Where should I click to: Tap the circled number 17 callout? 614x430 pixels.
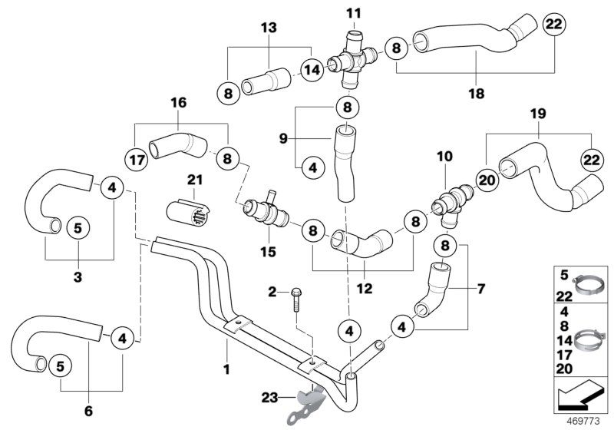[135, 161]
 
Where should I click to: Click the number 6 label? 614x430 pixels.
[88, 412]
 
